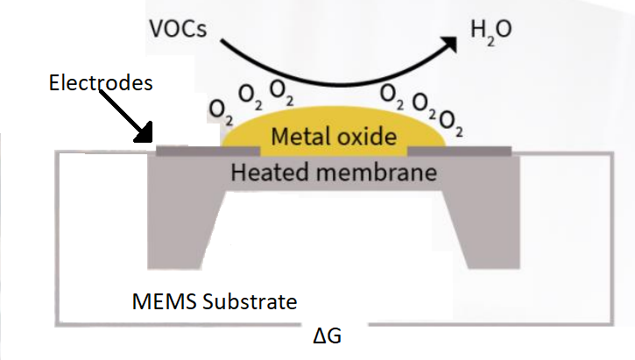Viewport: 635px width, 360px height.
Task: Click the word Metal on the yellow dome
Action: pyautogui.click(x=302, y=137)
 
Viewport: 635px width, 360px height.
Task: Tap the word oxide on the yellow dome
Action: pyautogui.click(x=367, y=137)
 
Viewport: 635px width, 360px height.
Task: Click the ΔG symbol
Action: pyautogui.click(x=325, y=336)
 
